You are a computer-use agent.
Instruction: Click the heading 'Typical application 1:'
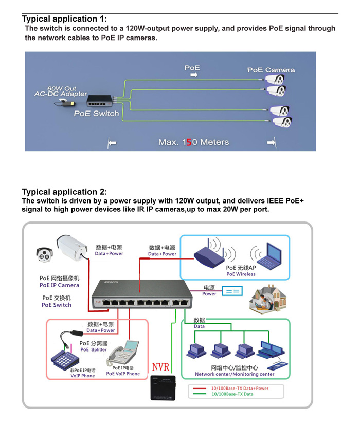(x=65, y=19)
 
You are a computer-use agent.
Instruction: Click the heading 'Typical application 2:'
(x=65, y=192)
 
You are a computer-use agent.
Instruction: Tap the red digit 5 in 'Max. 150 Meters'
(x=189, y=142)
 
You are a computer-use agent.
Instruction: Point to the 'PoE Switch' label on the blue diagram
(x=96, y=114)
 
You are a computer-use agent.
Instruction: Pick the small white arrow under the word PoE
(x=193, y=75)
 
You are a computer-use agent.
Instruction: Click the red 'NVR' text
(x=160, y=368)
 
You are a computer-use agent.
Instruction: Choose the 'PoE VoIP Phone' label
(x=123, y=374)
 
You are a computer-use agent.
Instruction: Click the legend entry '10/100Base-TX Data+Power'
(x=240, y=388)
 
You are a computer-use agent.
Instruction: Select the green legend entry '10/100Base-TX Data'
(x=232, y=394)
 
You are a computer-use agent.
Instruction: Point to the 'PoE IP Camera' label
(x=59, y=285)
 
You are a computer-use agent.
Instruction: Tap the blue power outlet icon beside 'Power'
(x=231, y=291)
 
